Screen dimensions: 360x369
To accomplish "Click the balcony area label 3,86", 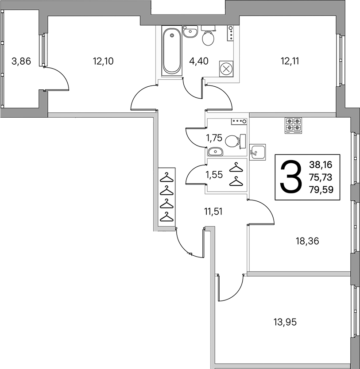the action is pyautogui.click(x=21, y=61).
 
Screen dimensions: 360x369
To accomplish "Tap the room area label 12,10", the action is pyautogui.click(x=103, y=61).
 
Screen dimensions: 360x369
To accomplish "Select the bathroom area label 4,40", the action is pyautogui.click(x=199, y=61).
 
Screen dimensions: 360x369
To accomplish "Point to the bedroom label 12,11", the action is pyautogui.click(x=290, y=61).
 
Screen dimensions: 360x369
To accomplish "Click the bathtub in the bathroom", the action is pyautogui.click(x=172, y=50).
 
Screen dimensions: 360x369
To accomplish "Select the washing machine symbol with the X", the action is pyautogui.click(x=226, y=69).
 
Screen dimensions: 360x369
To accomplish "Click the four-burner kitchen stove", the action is pyautogui.click(x=294, y=125).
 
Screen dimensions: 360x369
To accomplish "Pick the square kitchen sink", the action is pyautogui.click(x=258, y=152).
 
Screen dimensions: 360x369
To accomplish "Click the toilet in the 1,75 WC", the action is pyautogui.click(x=235, y=141).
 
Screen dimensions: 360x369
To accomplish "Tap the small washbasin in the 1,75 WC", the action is pyautogui.click(x=215, y=152).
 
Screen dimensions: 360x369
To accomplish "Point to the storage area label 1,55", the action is pyautogui.click(x=214, y=175).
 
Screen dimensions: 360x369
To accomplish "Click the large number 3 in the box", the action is pyautogui.click(x=291, y=177).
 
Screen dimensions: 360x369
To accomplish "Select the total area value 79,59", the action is pyautogui.click(x=321, y=189).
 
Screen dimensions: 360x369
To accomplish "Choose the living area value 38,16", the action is pyautogui.click(x=321, y=165).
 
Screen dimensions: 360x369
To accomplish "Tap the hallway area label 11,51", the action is pyautogui.click(x=213, y=211).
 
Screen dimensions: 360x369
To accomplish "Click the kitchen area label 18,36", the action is pyautogui.click(x=307, y=241).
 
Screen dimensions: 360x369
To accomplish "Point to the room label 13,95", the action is pyautogui.click(x=285, y=322).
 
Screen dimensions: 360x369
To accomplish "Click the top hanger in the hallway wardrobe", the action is pyautogui.click(x=166, y=177).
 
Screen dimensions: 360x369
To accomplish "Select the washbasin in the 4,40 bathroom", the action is pyautogui.click(x=190, y=31).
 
